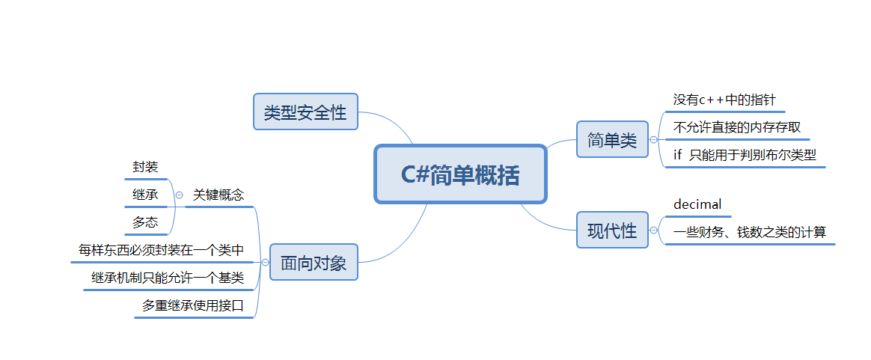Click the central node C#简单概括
(460, 174)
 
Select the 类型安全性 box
(305, 112)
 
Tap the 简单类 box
(612, 139)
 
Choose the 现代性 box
(612, 231)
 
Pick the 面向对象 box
(314, 263)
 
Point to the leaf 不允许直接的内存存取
(736, 127)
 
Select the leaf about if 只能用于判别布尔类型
(744, 155)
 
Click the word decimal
(697, 204)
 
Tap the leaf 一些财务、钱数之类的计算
(749, 232)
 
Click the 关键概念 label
(218, 195)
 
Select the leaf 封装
(145, 167)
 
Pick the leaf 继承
(145, 195)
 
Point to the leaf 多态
(145, 222)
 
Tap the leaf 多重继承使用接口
(193, 305)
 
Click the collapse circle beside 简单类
(653, 140)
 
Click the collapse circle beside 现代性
(653, 231)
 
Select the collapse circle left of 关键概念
(179, 195)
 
